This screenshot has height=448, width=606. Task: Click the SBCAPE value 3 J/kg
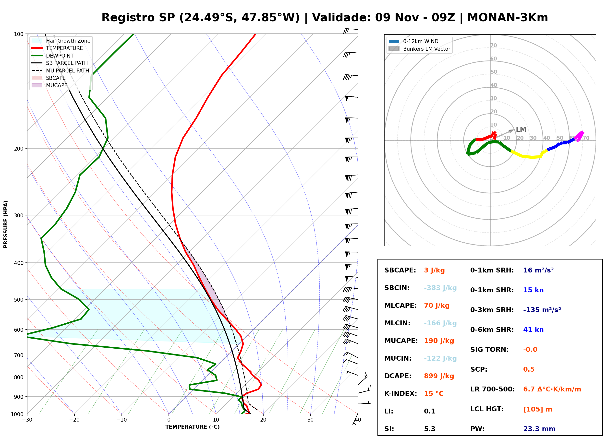pos(434,270)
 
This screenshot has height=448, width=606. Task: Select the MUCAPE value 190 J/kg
pos(439,341)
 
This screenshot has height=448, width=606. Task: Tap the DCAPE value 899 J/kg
pos(439,376)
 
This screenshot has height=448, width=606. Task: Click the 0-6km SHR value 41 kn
pos(533,330)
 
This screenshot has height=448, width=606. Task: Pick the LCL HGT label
pos(487,409)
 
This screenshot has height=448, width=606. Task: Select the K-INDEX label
pos(401,394)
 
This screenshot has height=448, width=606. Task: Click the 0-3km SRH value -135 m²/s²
pos(542,310)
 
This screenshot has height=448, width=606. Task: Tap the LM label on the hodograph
pos(521,130)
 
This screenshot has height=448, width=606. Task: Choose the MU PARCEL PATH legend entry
pos(60,71)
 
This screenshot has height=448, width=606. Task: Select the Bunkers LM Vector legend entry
pos(420,49)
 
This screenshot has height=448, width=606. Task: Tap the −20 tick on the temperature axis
pos(74,420)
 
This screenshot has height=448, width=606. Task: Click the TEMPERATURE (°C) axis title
pos(193,427)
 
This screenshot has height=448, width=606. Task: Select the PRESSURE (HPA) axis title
pos(6,224)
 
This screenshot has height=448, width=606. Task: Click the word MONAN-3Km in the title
pos(508,18)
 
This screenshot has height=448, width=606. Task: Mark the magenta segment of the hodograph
pos(579,136)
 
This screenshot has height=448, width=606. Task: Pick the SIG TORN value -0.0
pos(530,350)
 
